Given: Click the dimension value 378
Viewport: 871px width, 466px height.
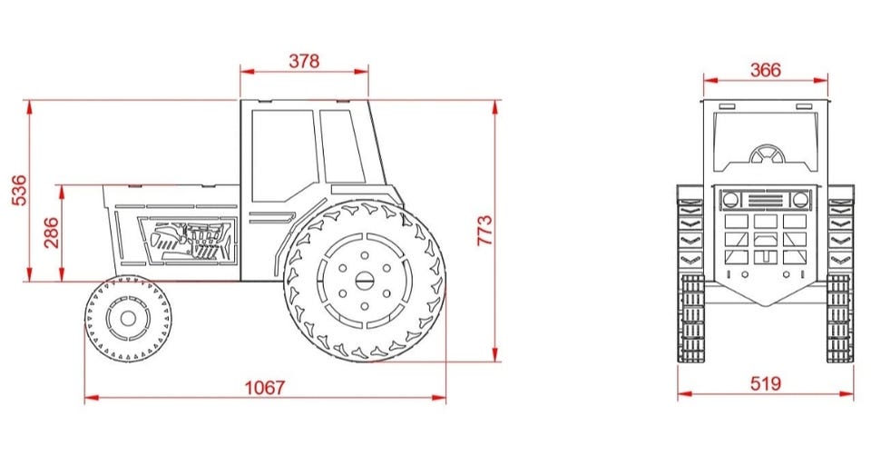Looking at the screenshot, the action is point(304,61).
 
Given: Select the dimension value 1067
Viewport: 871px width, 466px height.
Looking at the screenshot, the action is point(264,387).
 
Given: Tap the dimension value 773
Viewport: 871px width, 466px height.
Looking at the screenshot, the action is point(484,230).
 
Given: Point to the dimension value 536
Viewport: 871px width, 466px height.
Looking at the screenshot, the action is point(19,190).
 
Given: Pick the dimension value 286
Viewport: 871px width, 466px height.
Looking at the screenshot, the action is point(51,233).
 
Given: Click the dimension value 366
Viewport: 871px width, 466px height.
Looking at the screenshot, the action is point(765,70).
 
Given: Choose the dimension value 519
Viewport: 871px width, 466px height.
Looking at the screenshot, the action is point(765,383).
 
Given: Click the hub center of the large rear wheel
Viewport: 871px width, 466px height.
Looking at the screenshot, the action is point(365,281).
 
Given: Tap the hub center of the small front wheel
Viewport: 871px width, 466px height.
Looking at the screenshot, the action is point(128,319).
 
